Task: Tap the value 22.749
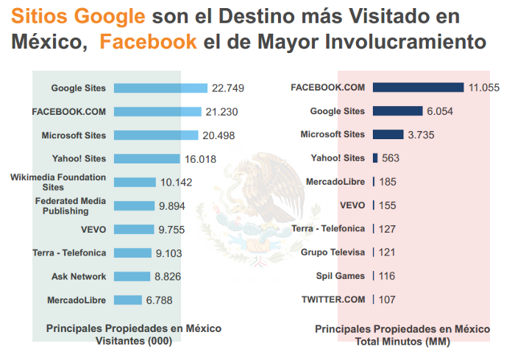click(x=227, y=88)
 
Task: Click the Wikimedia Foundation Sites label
click(x=58, y=183)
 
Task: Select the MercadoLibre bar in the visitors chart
click(x=127, y=300)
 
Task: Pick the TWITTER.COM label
click(x=333, y=300)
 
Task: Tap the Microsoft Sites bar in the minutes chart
click(x=388, y=135)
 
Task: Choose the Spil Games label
click(x=341, y=276)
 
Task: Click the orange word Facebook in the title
click(x=148, y=41)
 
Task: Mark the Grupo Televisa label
click(x=333, y=253)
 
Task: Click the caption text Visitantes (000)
click(x=134, y=341)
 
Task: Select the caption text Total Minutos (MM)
click(x=402, y=341)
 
